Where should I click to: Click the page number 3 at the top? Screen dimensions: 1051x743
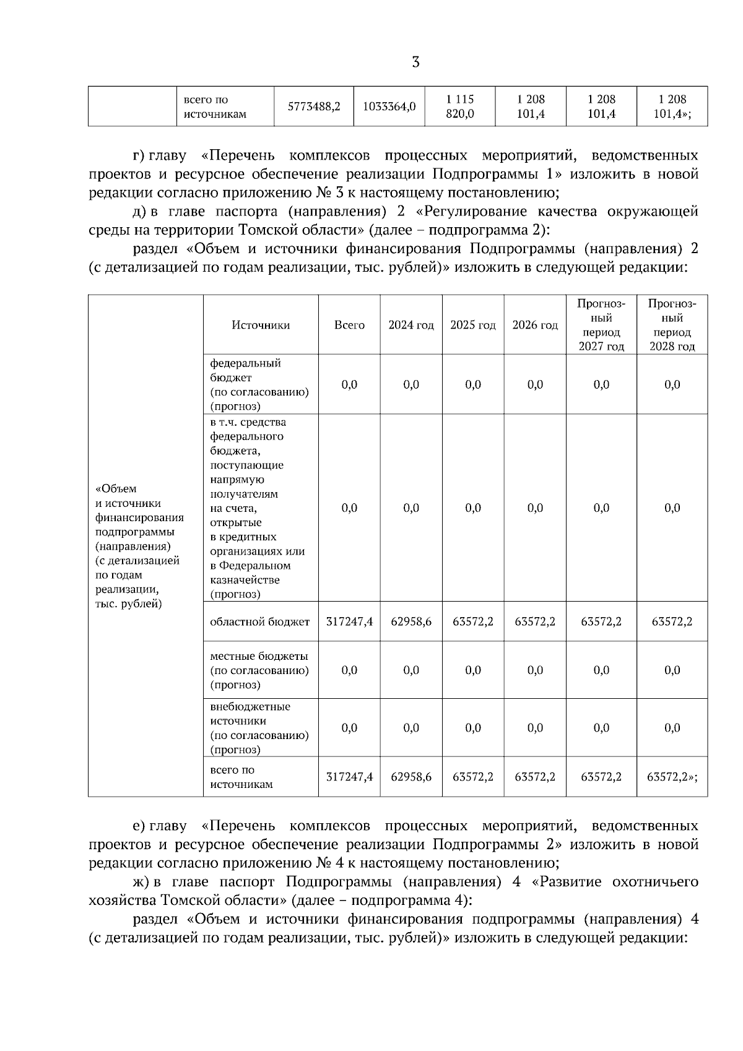415,63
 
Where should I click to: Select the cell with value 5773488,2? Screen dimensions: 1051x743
314,106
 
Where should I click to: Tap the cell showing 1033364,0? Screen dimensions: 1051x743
389,106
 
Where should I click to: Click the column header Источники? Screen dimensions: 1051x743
261,325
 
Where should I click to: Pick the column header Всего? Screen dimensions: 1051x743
349,325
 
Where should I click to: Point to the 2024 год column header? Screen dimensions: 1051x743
411,325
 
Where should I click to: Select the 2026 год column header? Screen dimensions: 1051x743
535,325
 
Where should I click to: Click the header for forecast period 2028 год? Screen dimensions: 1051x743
672,325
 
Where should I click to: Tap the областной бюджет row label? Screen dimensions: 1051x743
260,621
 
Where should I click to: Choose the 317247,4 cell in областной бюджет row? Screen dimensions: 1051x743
349,621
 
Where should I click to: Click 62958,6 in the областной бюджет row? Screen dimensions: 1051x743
411,621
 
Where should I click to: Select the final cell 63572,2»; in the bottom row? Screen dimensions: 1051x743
672,777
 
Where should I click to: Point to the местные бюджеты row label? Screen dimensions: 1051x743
259,670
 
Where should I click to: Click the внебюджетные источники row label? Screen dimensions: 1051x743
259,728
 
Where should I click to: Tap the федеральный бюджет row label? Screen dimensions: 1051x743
259,384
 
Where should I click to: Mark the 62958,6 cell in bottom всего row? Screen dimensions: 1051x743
411,777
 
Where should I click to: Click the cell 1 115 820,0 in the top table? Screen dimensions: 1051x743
460,106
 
